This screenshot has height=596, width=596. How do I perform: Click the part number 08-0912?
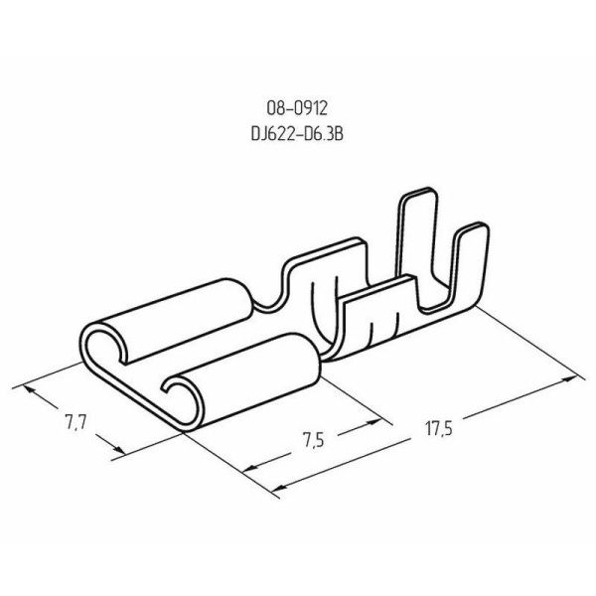[x=297, y=108]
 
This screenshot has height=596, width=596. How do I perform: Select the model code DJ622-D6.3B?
[x=297, y=134]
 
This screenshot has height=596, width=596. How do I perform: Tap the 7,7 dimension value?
[x=76, y=422]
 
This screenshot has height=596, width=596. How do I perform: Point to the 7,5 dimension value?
[x=314, y=440]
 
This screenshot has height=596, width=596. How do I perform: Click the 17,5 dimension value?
[x=439, y=429]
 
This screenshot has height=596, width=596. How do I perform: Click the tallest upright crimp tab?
[x=416, y=235]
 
